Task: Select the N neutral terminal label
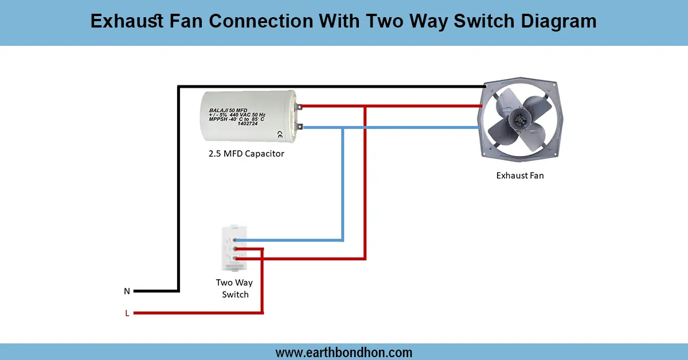point(127,291)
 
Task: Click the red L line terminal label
point(127,313)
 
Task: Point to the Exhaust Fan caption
point(519,175)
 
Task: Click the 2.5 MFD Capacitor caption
point(246,154)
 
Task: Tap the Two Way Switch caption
point(234,288)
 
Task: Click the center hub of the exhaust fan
point(520,120)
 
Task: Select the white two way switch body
point(234,248)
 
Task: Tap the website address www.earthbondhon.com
point(344,353)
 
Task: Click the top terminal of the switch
point(235,240)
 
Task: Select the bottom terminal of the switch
point(235,259)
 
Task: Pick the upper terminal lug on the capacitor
point(298,106)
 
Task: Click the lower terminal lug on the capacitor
point(298,127)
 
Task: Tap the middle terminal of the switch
point(235,249)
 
